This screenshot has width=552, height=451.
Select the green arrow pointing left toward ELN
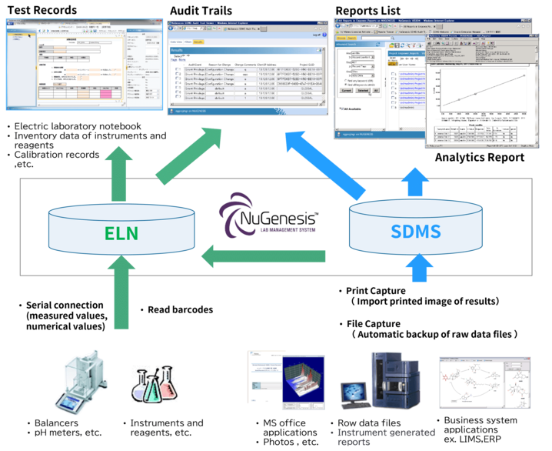coord(262,256)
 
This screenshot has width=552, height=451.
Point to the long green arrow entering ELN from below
coord(122,296)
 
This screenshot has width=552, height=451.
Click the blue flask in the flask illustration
coord(142,384)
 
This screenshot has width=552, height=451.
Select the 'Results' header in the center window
coord(178,51)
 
